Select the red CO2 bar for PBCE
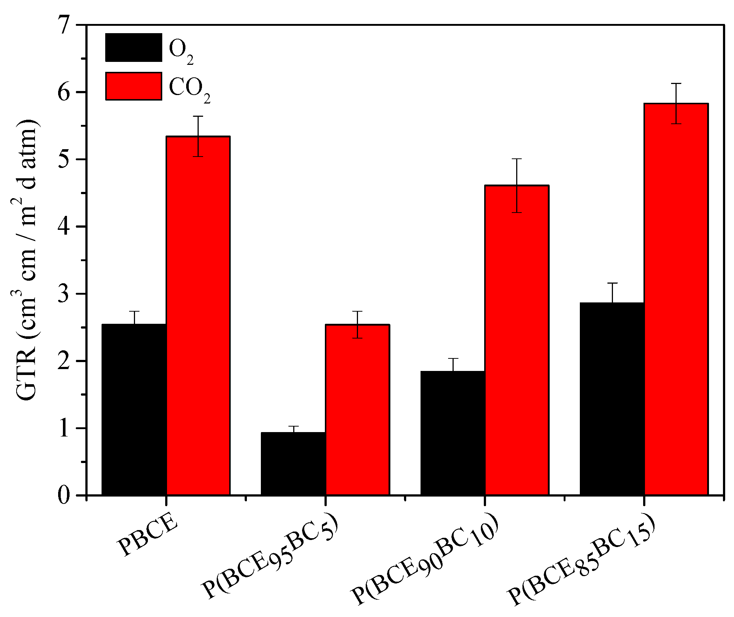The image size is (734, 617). pos(198,315)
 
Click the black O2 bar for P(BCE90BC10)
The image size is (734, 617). pos(453,432)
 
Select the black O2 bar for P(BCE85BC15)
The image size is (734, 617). pos(612,399)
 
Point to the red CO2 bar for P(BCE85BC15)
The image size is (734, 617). pos(676,299)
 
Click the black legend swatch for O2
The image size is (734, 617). pos(134,47)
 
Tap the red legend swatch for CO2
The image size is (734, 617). pos(134,86)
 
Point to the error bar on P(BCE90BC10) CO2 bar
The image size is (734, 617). pos(517,185)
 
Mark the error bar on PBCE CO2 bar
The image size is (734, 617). pos(198,136)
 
